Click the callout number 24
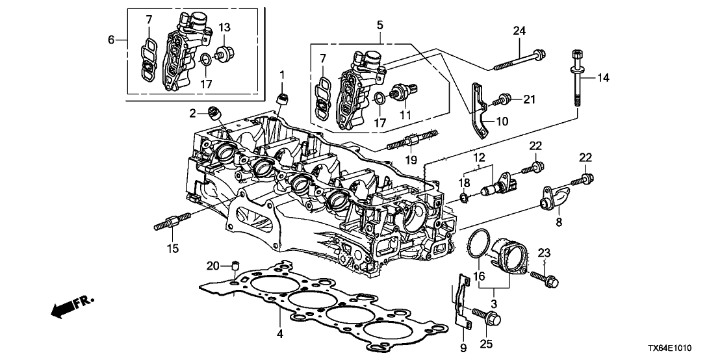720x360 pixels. [520, 31]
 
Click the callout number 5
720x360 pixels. [379, 26]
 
